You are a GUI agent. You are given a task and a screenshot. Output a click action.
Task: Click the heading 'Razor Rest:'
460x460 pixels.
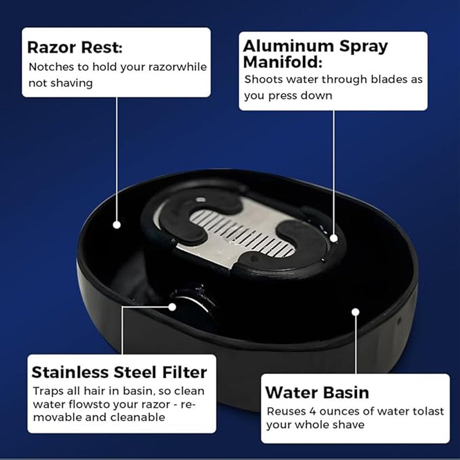pos(75,48)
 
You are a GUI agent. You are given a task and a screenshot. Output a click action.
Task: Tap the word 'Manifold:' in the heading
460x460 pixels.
pos(282,62)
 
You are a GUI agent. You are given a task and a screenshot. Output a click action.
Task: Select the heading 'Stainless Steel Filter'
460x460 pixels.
pos(119,372)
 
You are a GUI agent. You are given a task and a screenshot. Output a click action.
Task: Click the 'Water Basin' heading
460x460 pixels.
pos(317,393)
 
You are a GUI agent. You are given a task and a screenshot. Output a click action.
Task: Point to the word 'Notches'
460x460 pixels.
pos(51,67)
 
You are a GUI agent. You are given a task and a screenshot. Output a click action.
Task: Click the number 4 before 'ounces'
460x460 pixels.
pos(313,411)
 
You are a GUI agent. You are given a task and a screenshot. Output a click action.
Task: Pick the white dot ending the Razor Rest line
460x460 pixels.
pos(117,225)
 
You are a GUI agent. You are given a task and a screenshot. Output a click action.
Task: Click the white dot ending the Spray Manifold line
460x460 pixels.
pos(333,239)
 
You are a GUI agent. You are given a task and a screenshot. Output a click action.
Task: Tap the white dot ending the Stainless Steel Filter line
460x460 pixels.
pos(172,307)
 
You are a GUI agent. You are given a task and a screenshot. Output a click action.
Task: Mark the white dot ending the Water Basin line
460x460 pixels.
pos(355,312)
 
